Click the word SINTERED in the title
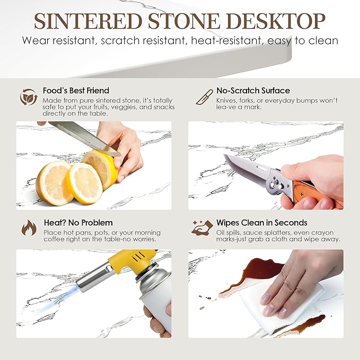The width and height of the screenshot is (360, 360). coord(88,21)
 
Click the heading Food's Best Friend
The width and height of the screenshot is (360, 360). coord(76,91)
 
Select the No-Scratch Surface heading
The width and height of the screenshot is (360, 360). coord(253,91)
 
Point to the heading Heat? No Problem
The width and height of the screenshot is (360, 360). coord(78,223)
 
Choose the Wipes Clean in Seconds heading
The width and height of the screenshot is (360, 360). coord(262,223)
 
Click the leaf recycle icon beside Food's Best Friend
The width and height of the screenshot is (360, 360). coord(29,97)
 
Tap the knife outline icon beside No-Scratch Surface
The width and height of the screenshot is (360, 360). coord(204,97)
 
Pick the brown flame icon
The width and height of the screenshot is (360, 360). coord(29,227)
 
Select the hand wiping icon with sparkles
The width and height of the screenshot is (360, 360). coord(203,228)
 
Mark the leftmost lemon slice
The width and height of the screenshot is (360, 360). coord(54,183)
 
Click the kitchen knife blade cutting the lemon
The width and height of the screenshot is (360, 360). coord(85,138)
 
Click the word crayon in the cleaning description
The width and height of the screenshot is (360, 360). coord(321,233)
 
